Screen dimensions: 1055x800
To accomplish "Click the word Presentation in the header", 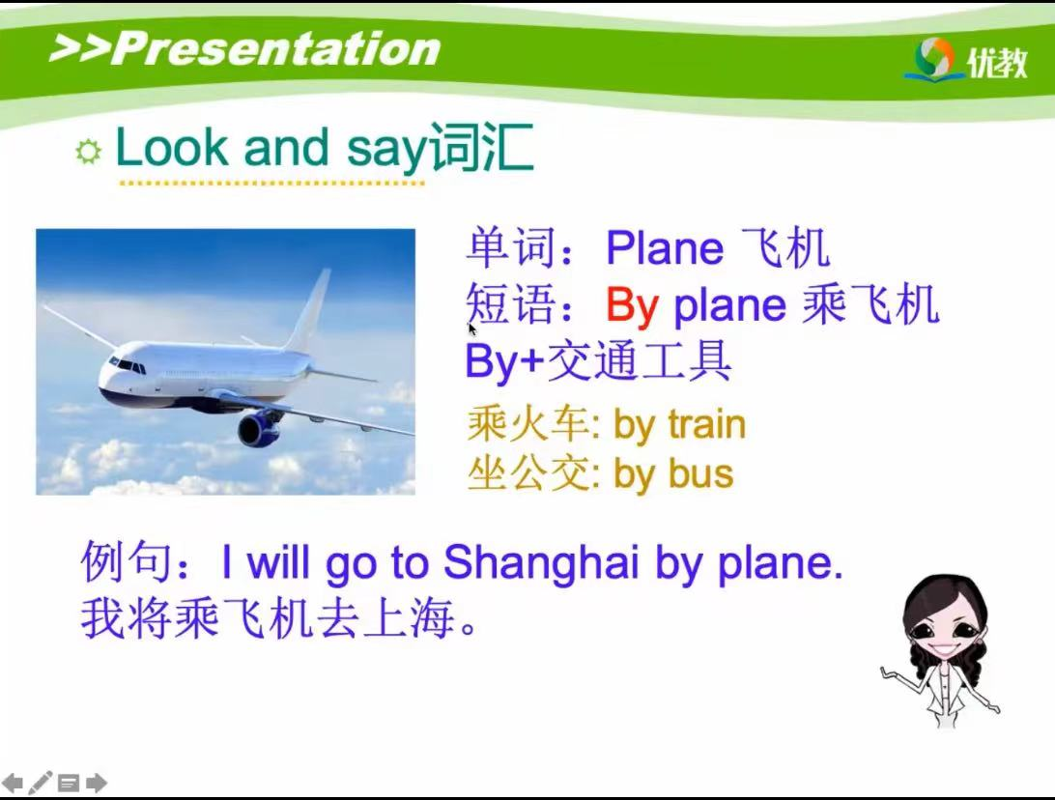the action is click(x=276, y=48).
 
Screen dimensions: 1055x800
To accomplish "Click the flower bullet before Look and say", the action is click(x=88, y=151).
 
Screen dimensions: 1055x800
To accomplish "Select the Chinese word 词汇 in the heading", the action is click(x=481, y=148).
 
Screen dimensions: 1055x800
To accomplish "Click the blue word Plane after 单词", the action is click(x=664, y=248).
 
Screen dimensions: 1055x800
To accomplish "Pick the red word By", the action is click(x=632, y=306).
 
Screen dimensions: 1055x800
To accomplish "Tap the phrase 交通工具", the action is click(x=640, y=361).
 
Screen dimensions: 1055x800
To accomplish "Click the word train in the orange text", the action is click(x=706, y=425).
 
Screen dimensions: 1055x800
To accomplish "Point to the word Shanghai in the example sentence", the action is click(x=540, y=562).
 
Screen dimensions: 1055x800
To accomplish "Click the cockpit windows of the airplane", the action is click(x=128, y=365).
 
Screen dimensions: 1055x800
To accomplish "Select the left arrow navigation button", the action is click(x=13, y=783).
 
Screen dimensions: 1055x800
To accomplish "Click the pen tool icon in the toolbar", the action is click(x=40, y=782).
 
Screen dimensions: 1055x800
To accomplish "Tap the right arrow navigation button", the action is click(x=97, y=783).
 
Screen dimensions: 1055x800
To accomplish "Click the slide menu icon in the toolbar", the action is click(x=68, y=784).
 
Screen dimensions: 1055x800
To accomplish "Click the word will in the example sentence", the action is click(x=278, y=561).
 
